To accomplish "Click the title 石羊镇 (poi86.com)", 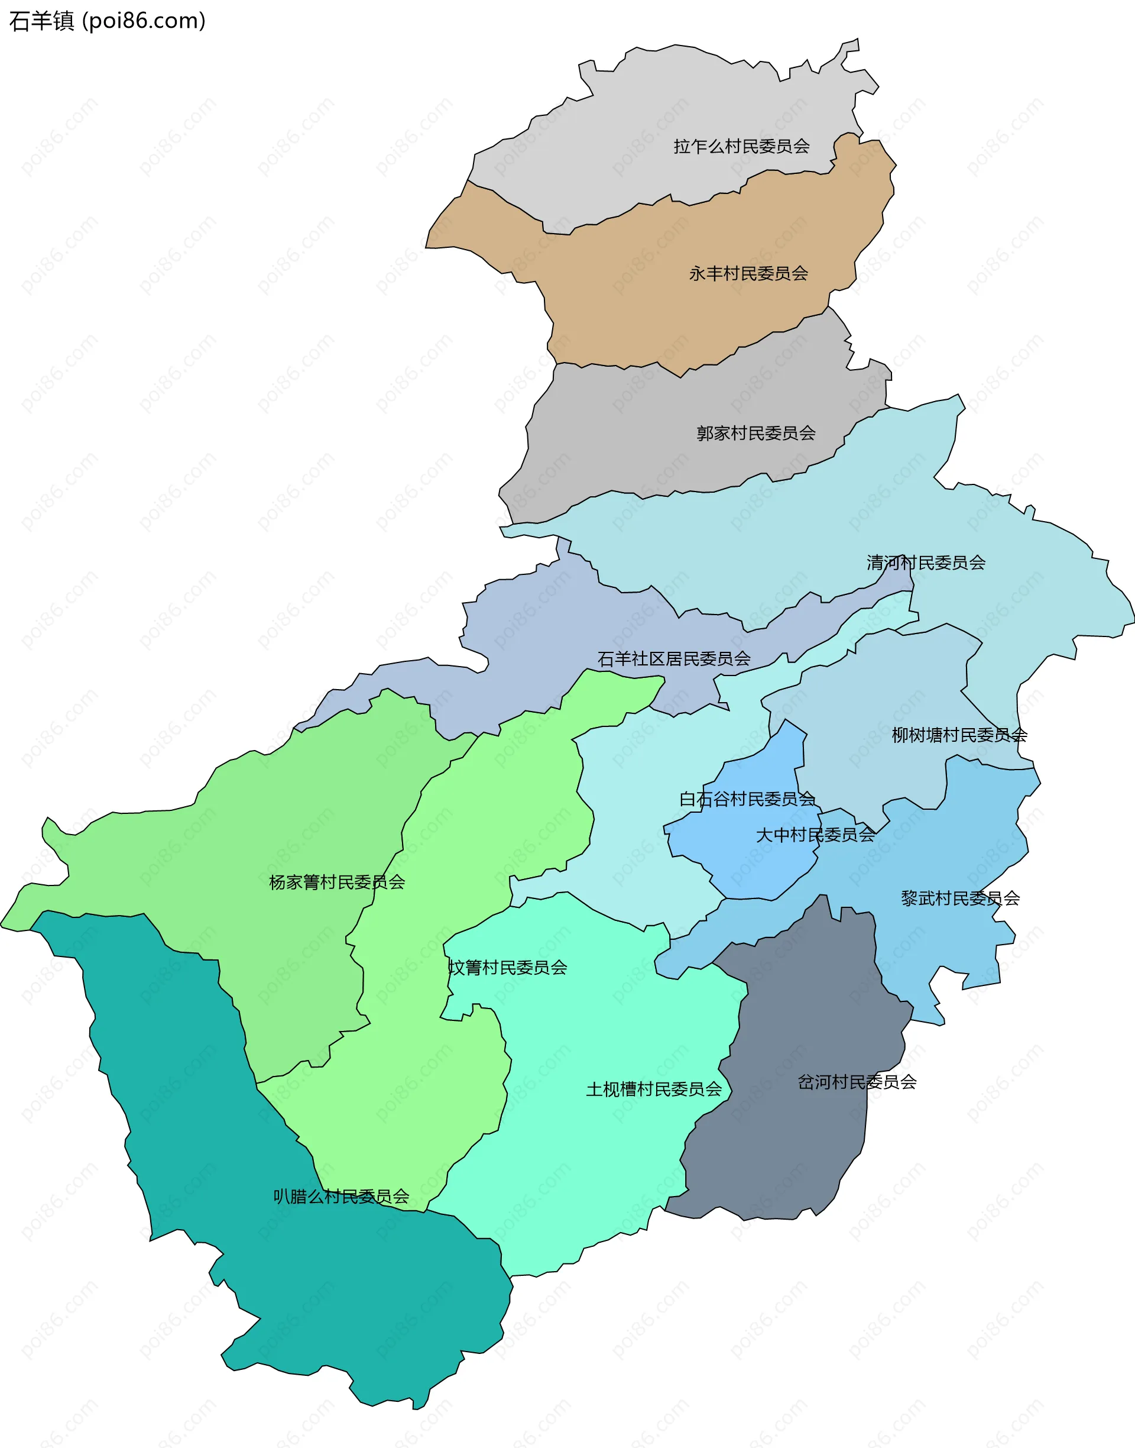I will tap(107, 21).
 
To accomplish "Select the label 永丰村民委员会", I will tap(748, 273).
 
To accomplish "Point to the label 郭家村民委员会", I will tap(755, 434).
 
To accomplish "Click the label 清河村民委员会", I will tap(925, 563).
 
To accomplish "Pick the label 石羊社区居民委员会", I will tap(673, 659).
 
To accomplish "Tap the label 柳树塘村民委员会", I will tap(959, 735).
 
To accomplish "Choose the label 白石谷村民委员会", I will tap(747, 799).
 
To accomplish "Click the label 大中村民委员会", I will tap(815, 835).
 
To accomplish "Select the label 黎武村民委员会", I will tap(959, 898).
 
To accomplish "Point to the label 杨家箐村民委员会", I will tap(336, 883).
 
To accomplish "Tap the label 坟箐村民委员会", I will tap(508, 967).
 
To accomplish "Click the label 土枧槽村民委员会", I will tap(653, 1089).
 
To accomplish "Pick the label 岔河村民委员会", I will tap(857, 1082).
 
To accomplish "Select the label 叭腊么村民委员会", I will tap(341, 1197).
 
